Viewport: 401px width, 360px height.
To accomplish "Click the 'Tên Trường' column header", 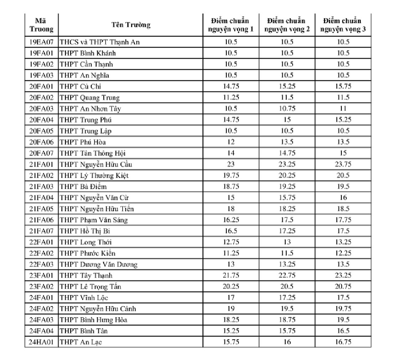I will [131, 25].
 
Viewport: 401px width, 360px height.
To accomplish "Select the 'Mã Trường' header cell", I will [41, 25].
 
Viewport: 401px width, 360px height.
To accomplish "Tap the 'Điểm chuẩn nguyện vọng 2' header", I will [287, 25].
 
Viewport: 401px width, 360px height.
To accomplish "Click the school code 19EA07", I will [41, 42].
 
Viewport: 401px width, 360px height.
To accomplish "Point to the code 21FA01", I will [41, 165].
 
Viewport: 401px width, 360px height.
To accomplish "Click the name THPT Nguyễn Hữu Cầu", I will [96, 165].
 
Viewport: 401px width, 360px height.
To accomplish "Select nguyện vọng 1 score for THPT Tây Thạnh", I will [231, 276].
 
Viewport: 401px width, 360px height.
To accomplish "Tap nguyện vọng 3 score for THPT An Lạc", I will [343, 342].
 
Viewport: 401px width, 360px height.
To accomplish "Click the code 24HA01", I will [41, 342].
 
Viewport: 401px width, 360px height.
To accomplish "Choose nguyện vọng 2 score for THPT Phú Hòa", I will [287, 142].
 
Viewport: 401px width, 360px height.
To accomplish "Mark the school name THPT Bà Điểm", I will [83, 187].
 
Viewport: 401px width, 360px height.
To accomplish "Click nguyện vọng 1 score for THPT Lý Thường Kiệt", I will [231, 176].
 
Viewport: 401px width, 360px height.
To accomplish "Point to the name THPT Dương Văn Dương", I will [98, 265].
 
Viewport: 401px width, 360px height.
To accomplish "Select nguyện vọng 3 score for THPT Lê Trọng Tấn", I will [343, 287].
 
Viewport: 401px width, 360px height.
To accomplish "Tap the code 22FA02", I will [41, 254].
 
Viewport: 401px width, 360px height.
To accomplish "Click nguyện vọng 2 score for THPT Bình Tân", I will [287, 331].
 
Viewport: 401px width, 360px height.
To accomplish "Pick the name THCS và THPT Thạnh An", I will [100, 42].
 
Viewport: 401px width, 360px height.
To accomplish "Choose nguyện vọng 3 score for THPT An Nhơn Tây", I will [343, 109].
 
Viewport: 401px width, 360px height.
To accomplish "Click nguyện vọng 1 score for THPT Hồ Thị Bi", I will [231, 231].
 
